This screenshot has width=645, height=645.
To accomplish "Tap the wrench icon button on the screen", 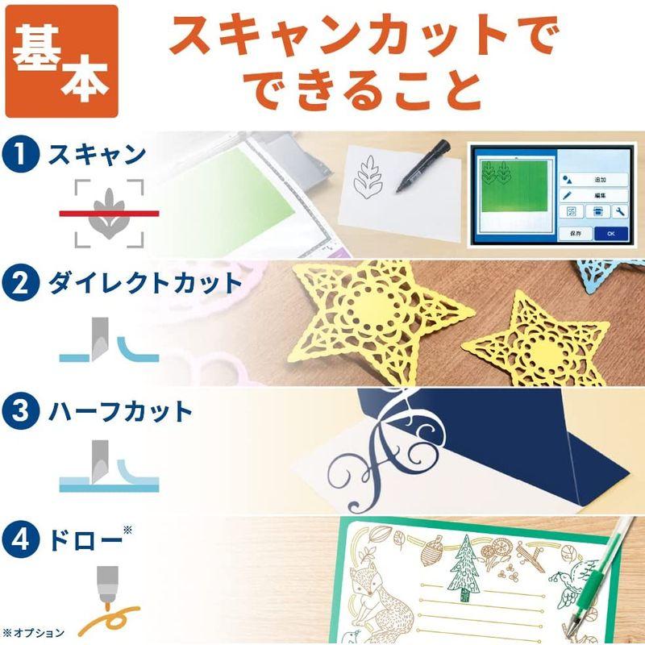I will [619, 212].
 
